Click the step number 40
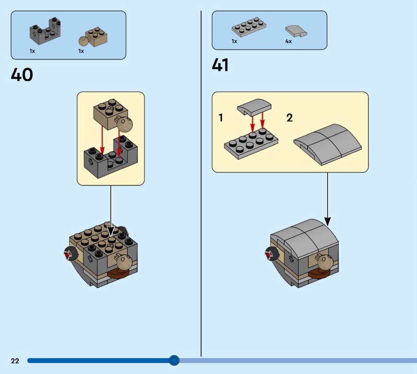[22, 74]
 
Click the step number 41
[220, 65]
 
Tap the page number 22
[15, 360]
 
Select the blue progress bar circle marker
[174, 360]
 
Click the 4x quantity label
[289, 41]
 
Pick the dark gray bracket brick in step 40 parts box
[45, 31]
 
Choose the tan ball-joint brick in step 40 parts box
[93, 37]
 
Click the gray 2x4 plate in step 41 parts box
[249, 27]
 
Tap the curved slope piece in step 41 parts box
[296, 31]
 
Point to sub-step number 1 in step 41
[220, 118]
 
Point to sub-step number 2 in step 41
[289, 118]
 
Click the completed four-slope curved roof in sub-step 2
[328, 144]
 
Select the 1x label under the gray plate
[234, 41]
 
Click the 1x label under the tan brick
[81, 51]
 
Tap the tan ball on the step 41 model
[324, 263]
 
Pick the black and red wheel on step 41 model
[272, 253]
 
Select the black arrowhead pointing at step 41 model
[328, 221]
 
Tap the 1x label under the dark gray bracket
[32, 51]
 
